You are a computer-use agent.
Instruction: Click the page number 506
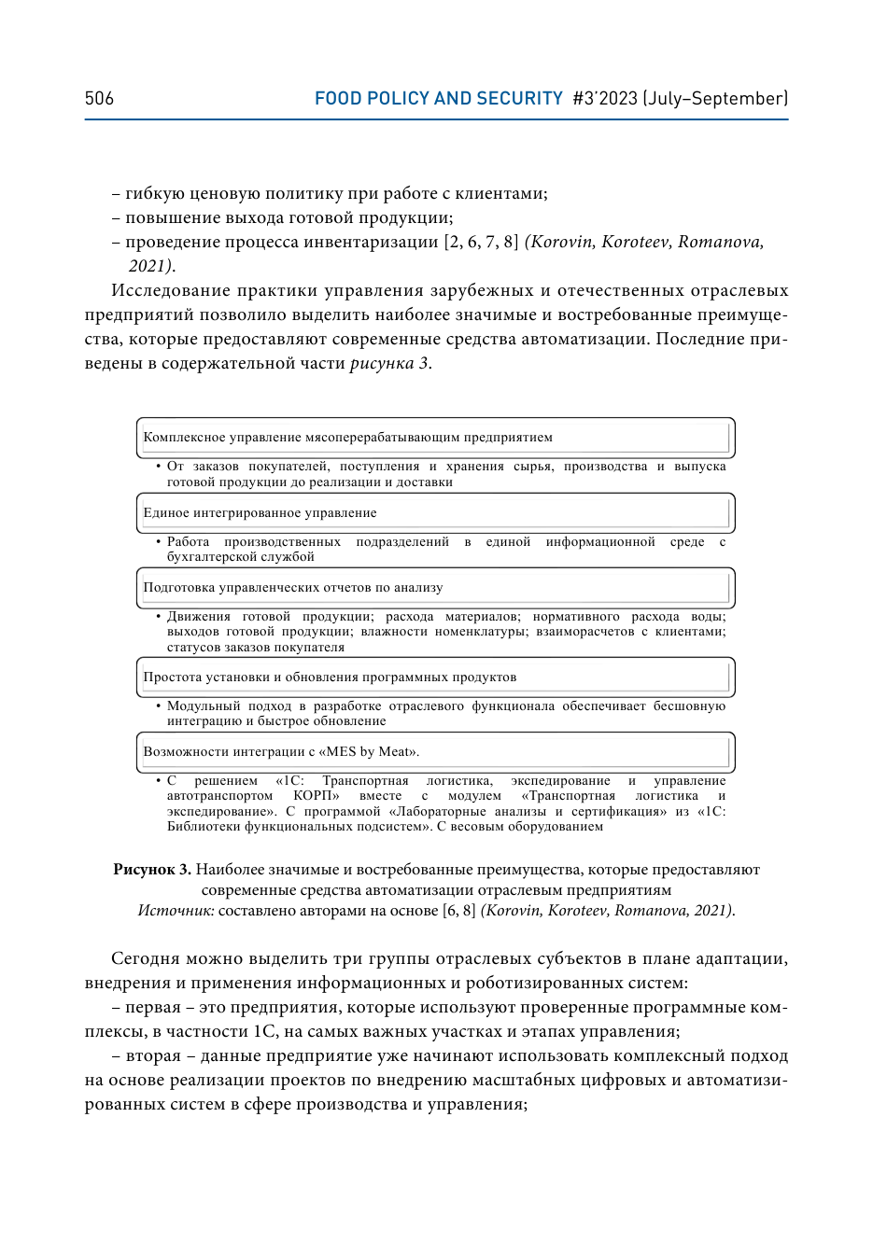point(99,99)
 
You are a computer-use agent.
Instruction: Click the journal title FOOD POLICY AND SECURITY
point(438,99)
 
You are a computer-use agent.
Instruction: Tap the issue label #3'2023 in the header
point(605,99)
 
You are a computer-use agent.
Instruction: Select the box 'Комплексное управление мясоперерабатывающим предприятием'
point(435,438)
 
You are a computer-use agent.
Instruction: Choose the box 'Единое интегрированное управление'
point(435,513)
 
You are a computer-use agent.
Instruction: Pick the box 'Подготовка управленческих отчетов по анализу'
point(435,588)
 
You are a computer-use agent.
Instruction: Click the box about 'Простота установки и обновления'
point(435,677)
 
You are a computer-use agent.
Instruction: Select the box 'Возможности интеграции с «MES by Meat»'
point(435,752)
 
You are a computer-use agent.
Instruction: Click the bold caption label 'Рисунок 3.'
point(152,870)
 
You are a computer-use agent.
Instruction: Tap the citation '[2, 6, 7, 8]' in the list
point(481,243)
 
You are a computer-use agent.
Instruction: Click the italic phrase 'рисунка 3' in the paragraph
point(389,364)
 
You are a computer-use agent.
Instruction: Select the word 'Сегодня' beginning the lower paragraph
point(145,959)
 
